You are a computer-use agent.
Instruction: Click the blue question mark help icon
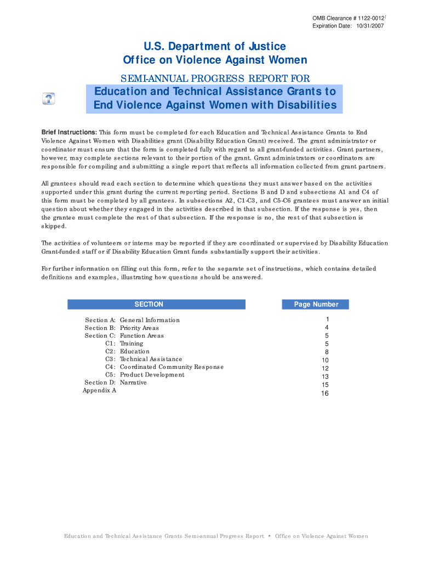(49, 99)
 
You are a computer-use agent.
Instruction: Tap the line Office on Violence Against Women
(215, 60)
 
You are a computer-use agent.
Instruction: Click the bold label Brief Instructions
(70, 133)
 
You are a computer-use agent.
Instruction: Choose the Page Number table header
(316, 305)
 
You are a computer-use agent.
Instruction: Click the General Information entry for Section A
(150, 320)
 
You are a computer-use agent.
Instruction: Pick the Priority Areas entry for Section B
(139, 328)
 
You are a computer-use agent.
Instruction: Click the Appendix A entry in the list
(99, 391)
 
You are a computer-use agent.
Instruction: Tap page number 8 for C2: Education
(327, 352)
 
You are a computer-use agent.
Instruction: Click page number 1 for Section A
(327, 319)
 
